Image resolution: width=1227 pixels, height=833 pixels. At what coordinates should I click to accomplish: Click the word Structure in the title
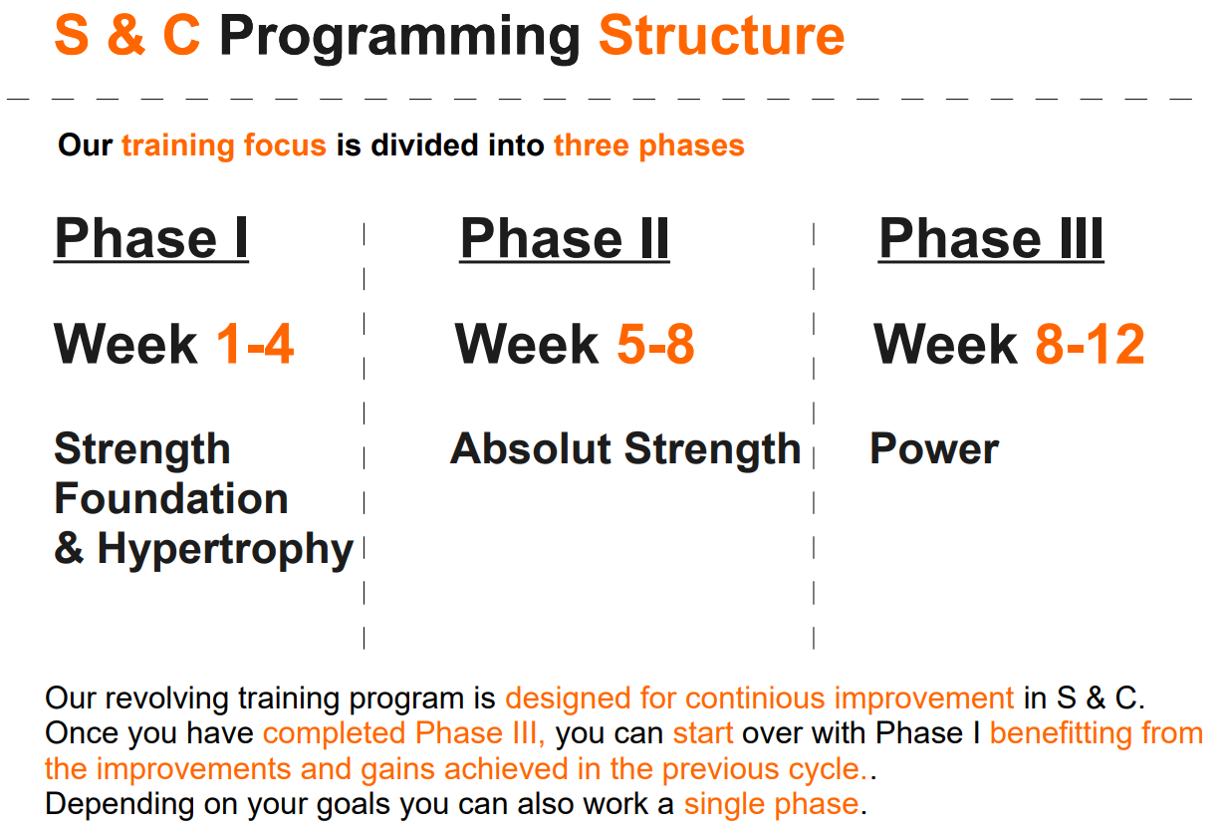point(721,36)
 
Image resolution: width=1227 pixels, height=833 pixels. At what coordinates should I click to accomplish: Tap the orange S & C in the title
point(126,36)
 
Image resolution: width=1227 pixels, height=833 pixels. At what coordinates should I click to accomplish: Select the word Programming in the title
point(399,38)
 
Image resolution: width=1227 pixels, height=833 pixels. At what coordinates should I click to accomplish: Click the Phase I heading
point(150,239)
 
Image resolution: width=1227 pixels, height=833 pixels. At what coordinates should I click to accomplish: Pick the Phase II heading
point(564,239)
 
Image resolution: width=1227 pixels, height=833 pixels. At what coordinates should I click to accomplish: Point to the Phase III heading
point(990,239)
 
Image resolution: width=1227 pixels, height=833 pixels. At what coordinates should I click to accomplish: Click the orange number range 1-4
point(255,345)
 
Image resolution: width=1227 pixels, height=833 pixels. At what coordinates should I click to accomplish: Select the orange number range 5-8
point(655,345)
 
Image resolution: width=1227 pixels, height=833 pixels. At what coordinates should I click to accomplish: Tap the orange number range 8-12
point(1090,345)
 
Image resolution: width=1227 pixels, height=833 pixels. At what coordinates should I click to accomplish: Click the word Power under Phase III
point(933,449)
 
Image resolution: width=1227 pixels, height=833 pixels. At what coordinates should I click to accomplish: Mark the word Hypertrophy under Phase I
point(225,550)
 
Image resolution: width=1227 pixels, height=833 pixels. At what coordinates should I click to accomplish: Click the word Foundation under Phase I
point(170,499)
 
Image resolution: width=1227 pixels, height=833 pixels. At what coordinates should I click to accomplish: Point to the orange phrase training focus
point(224,145)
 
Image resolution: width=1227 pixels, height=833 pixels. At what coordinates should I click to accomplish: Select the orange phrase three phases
point(648,145)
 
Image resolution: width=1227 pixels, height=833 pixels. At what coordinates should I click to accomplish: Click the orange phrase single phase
point(771,804)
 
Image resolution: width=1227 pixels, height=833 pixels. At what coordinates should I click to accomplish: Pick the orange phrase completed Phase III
point(404,733)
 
